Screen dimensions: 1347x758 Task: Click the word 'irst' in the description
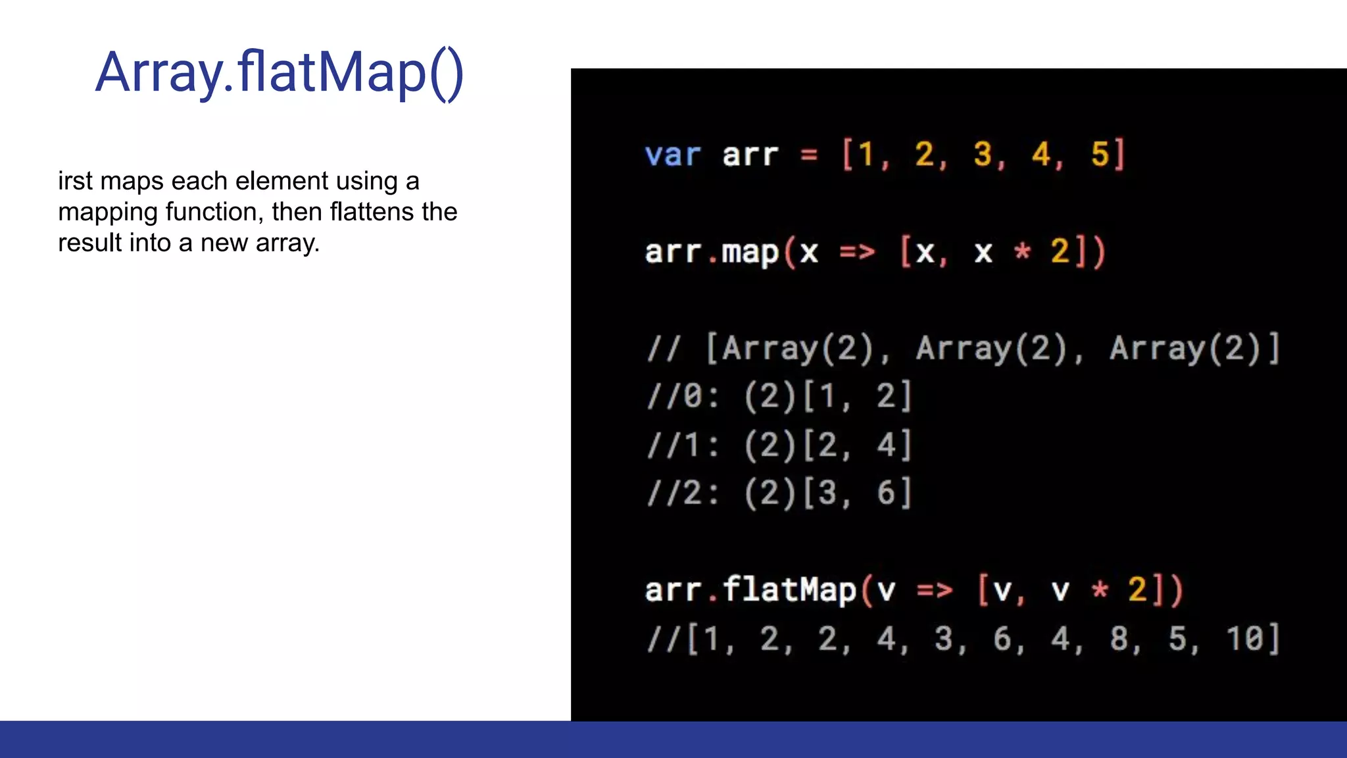pyautogui.click(x=76, y=181)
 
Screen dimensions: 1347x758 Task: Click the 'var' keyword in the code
pyautogui.click(x=673, y=155)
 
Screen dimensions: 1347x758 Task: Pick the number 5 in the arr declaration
pyautogui.click(x=1100, y=155)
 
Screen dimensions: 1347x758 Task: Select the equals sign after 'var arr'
pyautogui.click(x=809, y=155)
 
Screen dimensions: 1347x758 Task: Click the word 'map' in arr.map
pyautogui.click(x=750, y=253)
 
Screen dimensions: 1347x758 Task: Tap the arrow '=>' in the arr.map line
pyautogui.click(x=857, y=253)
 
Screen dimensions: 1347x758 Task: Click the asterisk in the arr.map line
pyautogui.click(x=1022, y=251)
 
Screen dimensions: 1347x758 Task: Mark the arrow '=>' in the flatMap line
pyautogui.click(x=935, y=590)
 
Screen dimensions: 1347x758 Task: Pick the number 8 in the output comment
pyautogui.click(x=1119, y=639)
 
